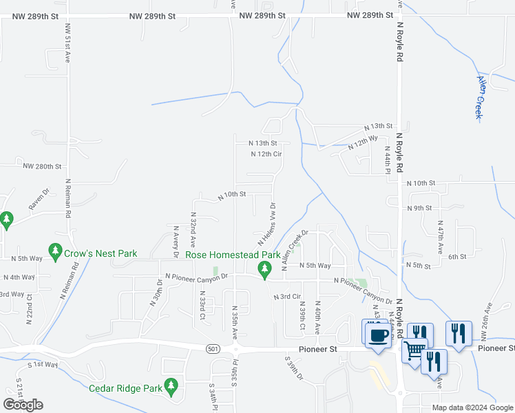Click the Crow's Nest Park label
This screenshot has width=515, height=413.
tap(101, 253)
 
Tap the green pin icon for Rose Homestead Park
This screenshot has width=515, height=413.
tap(263, 268)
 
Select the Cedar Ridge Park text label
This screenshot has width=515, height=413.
tap(125, 388)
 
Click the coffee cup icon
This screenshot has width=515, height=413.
tap(377, 335)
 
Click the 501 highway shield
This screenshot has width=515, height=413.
tap(213, 350)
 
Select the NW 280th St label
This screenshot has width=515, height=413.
tap(42, 167)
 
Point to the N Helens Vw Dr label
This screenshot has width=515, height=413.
tap(267, 224)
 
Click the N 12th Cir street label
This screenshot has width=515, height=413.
tap(266, 154)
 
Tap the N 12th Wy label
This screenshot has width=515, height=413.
tap(364, 143)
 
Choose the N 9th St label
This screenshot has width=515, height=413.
tap(419, 208)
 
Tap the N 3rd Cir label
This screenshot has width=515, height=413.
tap(288, 297)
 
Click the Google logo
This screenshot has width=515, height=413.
tap(23, 404)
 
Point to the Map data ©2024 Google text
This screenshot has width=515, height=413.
tap(472, 407)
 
